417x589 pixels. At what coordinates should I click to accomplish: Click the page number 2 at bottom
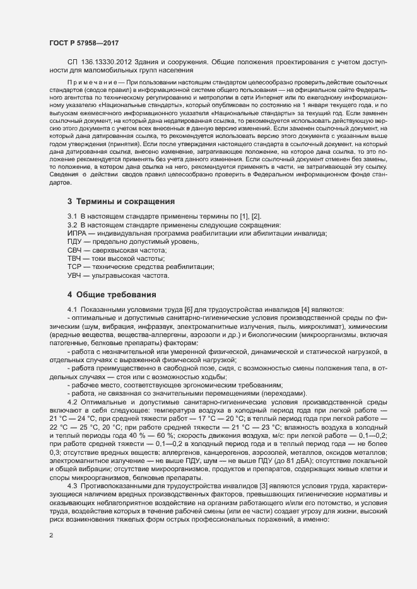click(x=50, y=536)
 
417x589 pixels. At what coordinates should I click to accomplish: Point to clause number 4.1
click(x=73, y=309)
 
